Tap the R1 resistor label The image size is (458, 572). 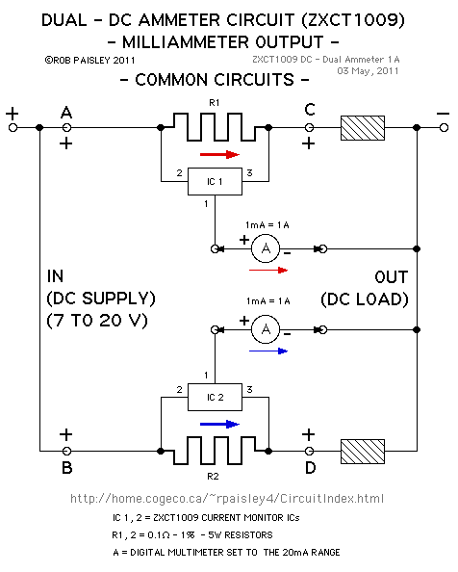215,103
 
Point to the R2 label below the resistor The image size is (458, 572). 214,476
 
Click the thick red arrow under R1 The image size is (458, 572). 219,155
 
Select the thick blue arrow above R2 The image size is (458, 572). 219,425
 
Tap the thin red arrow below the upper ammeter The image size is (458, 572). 268,271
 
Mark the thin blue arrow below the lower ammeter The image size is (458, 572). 268,351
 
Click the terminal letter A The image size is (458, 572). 66,113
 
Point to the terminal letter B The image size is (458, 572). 67,468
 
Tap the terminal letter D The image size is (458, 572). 311,468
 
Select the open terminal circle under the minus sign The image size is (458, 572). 444,128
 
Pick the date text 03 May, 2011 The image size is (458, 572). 368,70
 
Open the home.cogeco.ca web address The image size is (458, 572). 227,498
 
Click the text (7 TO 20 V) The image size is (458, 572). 97,321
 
